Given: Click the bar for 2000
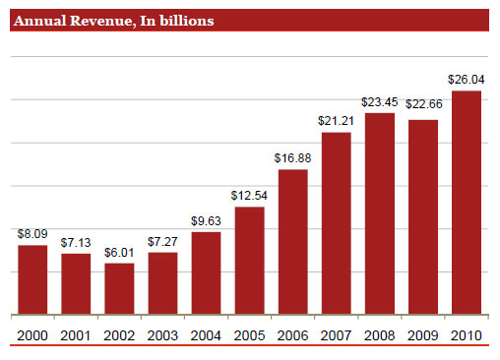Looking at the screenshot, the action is click(x=32, y=279).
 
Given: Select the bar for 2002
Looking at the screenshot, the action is click(x=119, y=289).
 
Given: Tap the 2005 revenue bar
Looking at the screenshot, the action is click(x=250, y=261).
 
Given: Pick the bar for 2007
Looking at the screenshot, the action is click(x=337, y=223).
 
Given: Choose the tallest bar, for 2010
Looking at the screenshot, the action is click(x=467, y=203).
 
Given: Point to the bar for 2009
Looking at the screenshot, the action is click(x=423, y=217).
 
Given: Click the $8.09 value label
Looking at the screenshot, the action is click(x=32, y=234).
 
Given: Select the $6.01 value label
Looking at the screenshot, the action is click(x=119, y=253).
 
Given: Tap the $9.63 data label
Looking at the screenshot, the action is click(x=206, y=221).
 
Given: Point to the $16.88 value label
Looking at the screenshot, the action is click(x=292, y=158).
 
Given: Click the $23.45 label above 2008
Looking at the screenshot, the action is click(x=380, y=102).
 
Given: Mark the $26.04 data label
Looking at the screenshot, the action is click(x=467, y=80).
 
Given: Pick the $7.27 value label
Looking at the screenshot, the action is click(x=162, y=242).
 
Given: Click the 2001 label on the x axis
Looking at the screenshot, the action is click(x=76, y=335).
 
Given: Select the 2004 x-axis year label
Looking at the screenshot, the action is click(x=206, y=335).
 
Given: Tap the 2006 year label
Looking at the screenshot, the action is click(x=292, y=335).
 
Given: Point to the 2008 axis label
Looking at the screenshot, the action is click(x=380, y=335).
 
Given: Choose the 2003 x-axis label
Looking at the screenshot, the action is click(x=162, y=335).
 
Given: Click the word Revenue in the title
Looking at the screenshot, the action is click(x=102, y=21).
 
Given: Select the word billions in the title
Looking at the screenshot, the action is click(x=187, y=21).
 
